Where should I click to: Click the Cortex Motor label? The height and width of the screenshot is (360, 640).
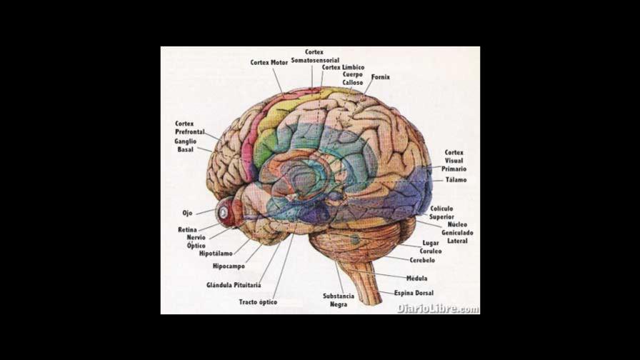click(x=269, y=63)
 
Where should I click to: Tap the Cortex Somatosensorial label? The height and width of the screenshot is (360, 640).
click(x=315, y=56)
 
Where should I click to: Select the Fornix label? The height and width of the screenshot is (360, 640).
click(x=381, y=77)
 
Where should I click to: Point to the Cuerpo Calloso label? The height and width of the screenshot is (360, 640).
click(x=353, y=79)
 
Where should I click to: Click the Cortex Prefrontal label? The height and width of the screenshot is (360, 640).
click(x=189, y=128)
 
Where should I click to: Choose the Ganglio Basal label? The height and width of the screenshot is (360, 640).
click(x=186, y=146)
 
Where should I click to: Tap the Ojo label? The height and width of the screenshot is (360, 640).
click(x=187, y=213)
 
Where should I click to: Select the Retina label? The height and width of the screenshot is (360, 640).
click(x=188, y=229)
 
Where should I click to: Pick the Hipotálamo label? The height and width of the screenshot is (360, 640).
click(x=216, y=254)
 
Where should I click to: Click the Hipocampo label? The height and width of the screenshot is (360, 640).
click(x=229, y=266)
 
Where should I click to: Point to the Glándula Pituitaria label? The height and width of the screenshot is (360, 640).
click(x=234, y=285)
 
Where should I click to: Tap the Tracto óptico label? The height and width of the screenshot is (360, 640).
click(x=258, y=302)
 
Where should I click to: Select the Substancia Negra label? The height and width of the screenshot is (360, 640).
click(x=339, y=300)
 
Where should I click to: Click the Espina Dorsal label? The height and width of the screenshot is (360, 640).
click(x=414, y=293)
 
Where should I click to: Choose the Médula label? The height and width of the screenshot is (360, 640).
click(x=416, y=278)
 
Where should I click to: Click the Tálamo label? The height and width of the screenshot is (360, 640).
click(x=456, y=180)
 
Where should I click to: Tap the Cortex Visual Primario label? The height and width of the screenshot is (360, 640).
click(x=454, y=161)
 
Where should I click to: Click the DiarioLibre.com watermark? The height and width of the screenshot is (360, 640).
click(x=438, y=309)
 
